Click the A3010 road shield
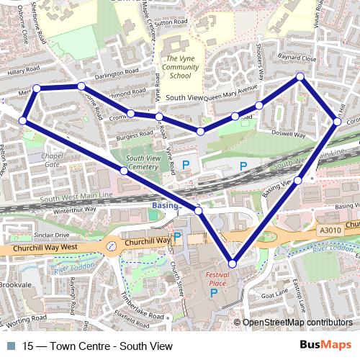329,229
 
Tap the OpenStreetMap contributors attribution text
297,323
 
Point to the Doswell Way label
288,135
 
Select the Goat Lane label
274,294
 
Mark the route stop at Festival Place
232,264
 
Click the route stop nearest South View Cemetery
125,171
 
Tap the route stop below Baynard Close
301,76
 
